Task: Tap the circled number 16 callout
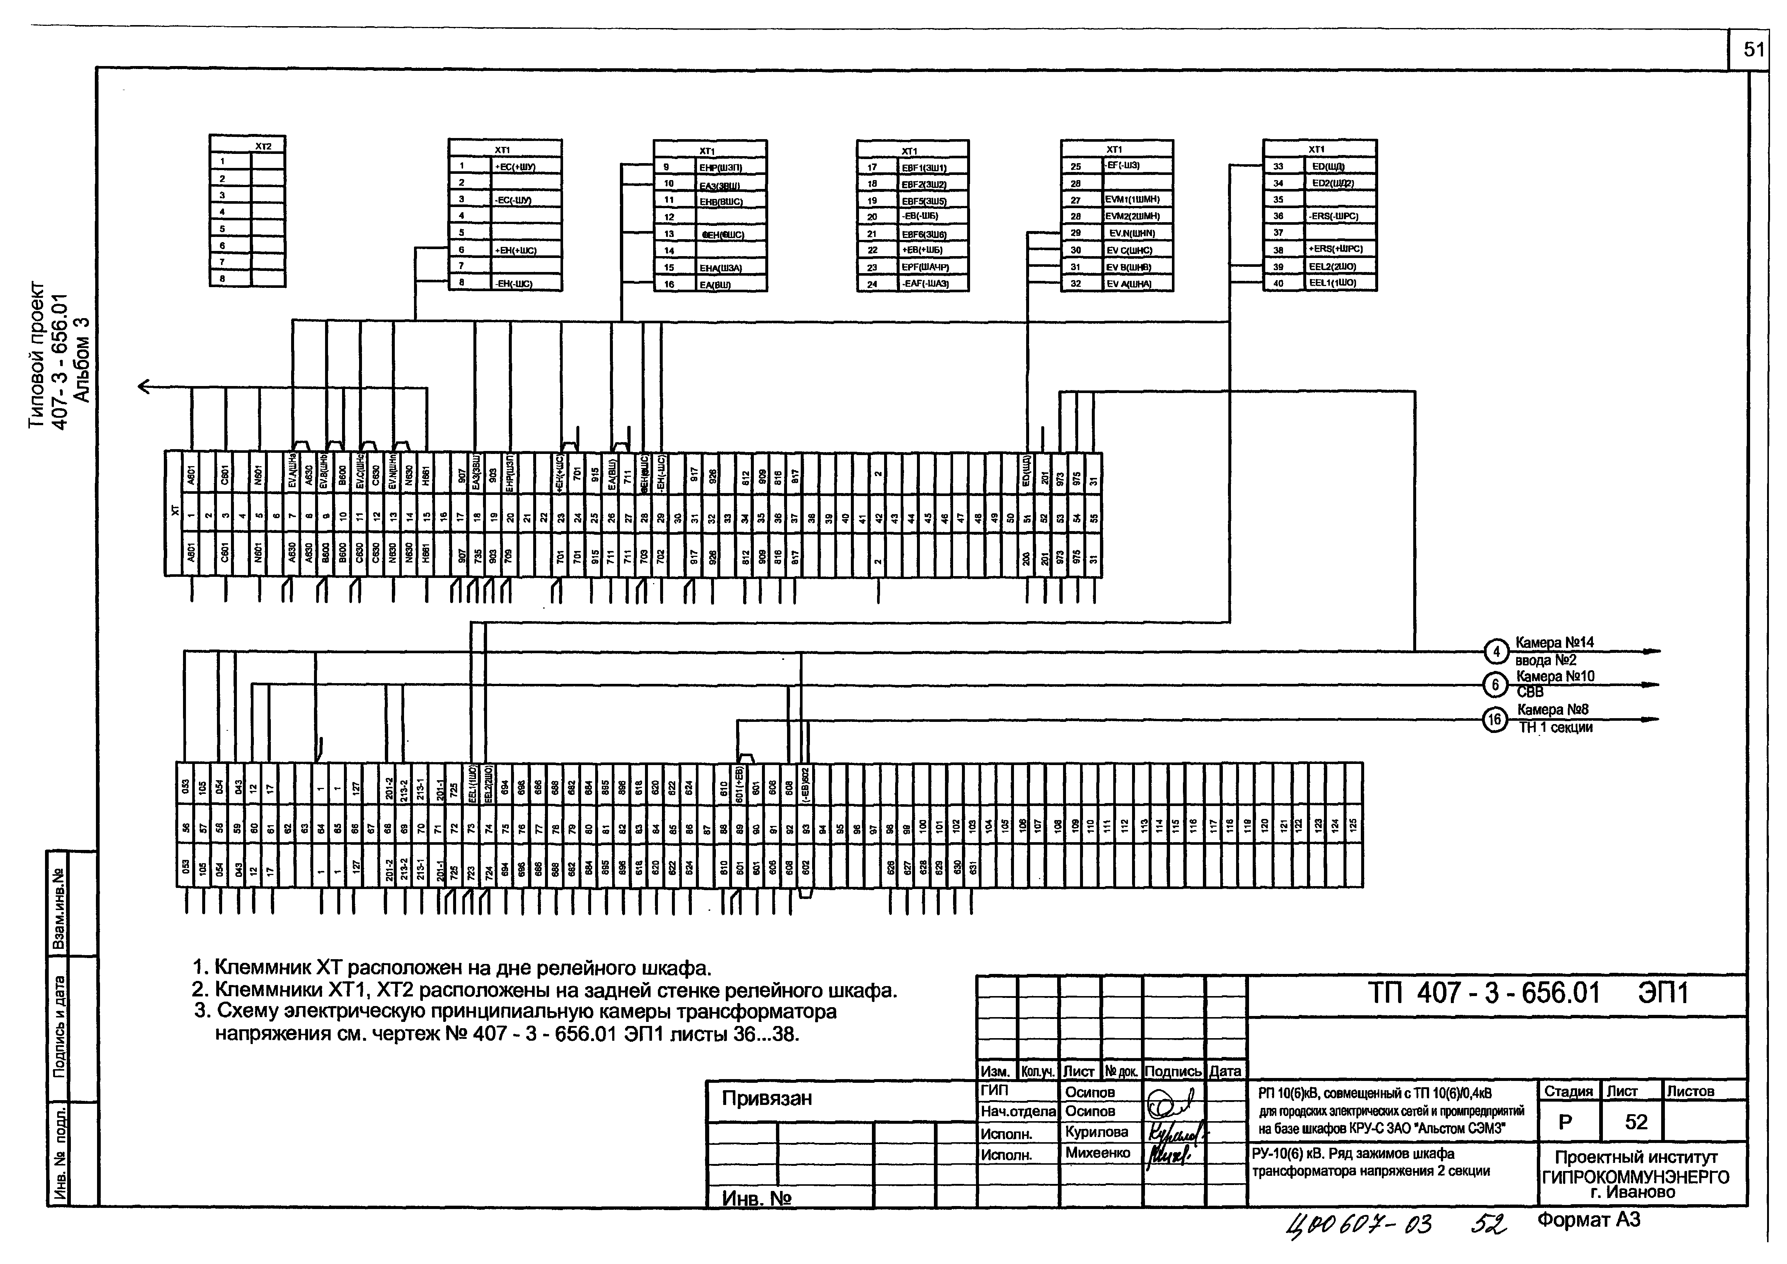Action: pos(1494,720)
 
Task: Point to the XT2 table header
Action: pos(264,145)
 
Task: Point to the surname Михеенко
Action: pos(1097,1153)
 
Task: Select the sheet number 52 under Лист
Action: pos(1636,1122)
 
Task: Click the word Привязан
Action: pos(767,1098)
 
